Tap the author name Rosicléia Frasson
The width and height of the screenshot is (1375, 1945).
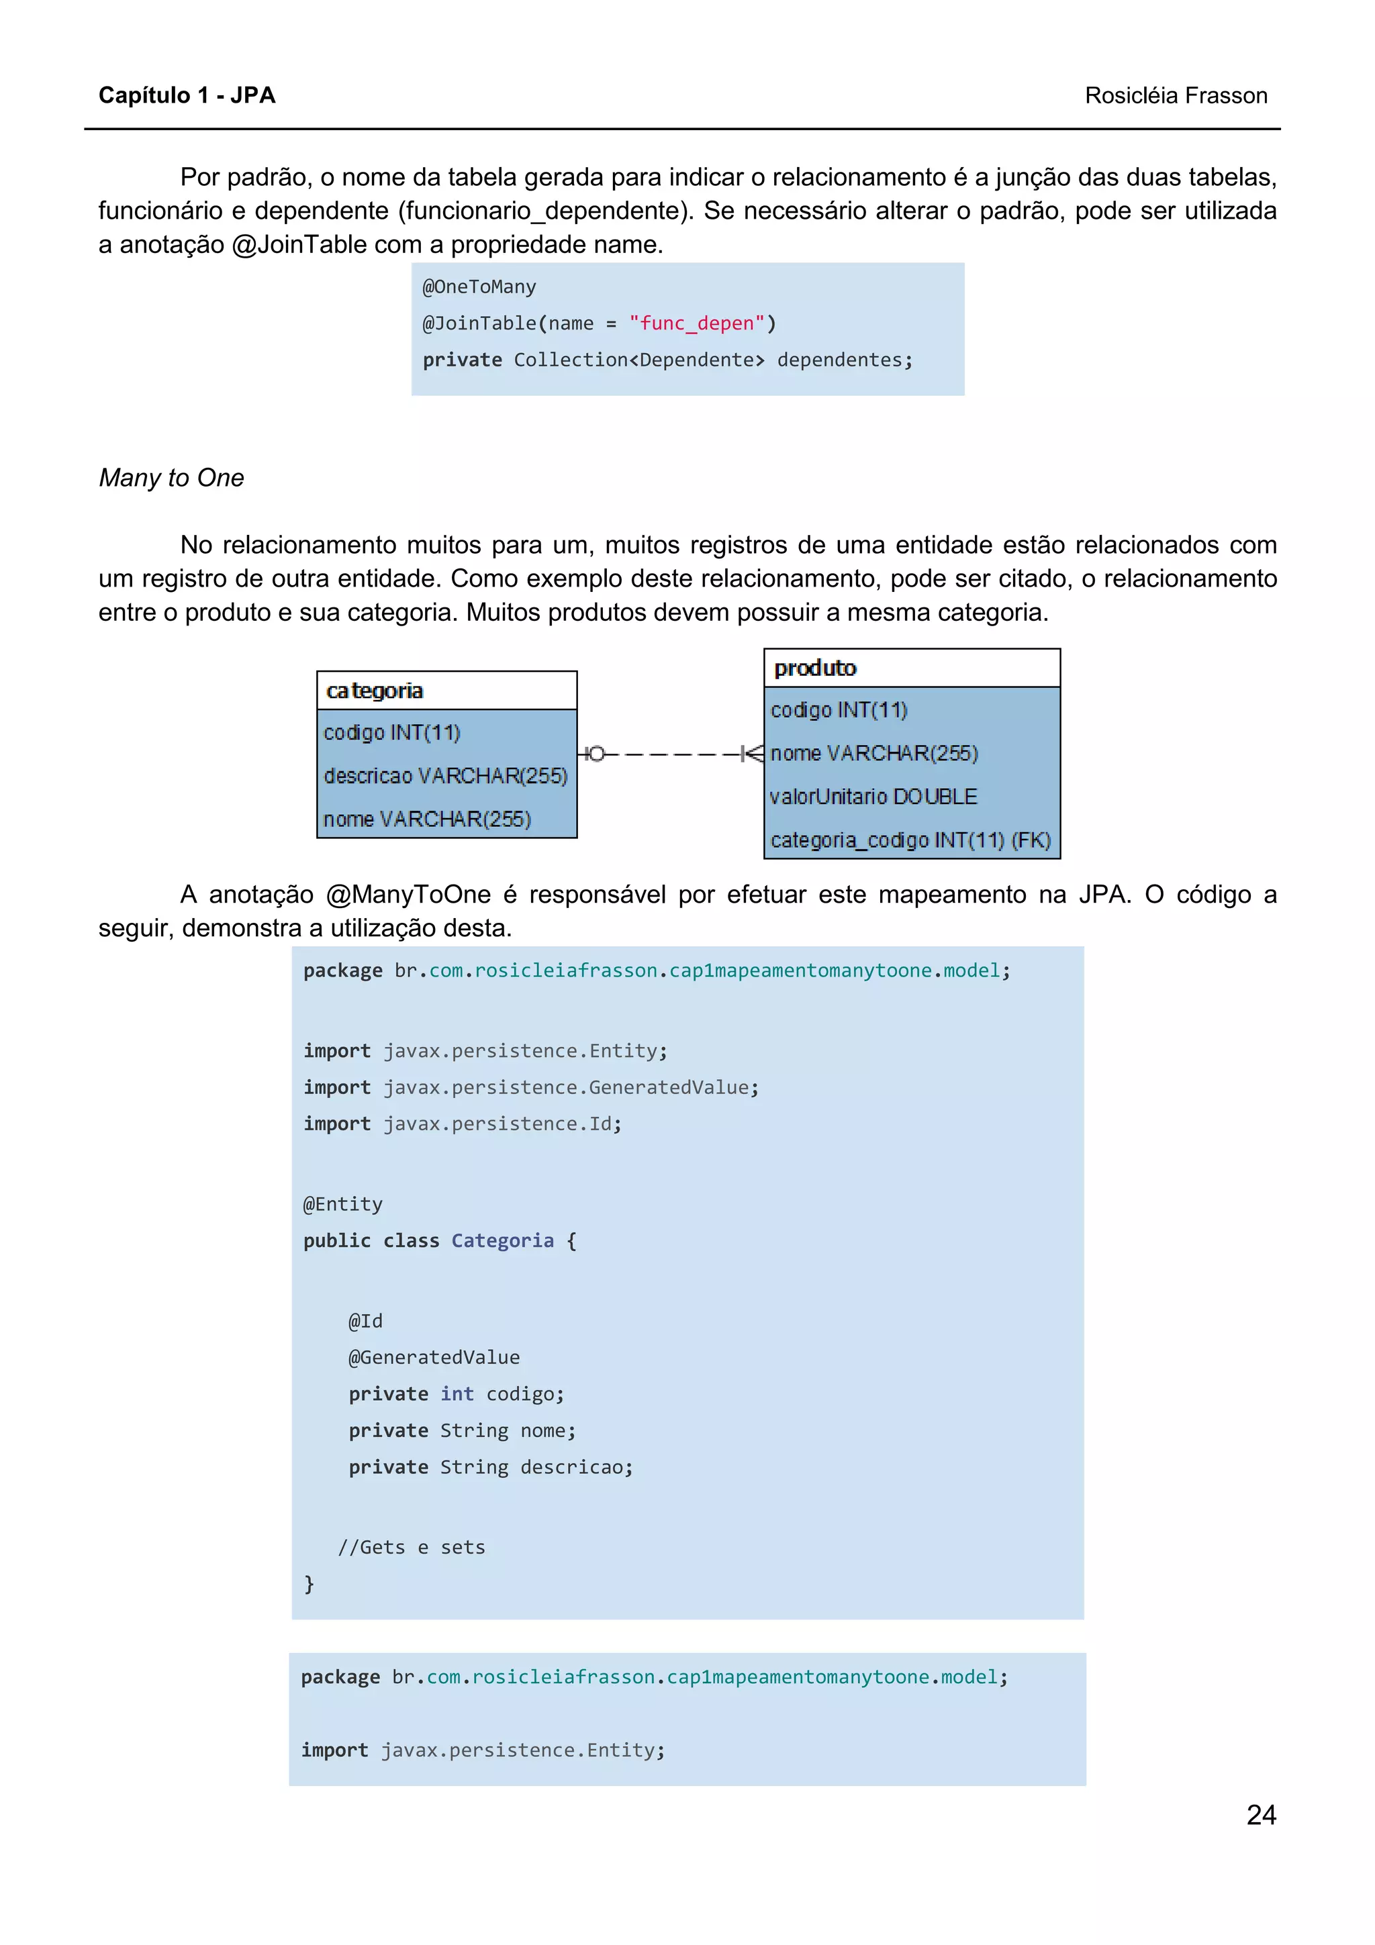[x=1175, y=96]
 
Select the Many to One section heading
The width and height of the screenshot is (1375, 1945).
[x=171, y=478]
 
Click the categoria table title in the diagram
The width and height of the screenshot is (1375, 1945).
[x=375, y=691]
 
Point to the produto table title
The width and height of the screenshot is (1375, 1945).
[x=815, y=668]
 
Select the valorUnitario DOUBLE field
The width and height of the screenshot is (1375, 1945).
[x=873, y=796]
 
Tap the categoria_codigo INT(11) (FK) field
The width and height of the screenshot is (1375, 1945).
[x=910, y=840]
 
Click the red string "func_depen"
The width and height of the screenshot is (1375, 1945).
[x=696, y=323]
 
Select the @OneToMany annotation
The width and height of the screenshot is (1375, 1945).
[x=479, y=287]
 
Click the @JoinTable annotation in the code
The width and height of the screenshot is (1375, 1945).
[x=479, y=323]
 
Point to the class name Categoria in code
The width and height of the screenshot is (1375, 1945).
[x=502, y=1240]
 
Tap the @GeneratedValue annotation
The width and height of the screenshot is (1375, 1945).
[x=434, y=1357]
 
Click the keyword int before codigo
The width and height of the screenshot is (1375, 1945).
[x=457, y=1393]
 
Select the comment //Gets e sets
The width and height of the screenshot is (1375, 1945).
[x=412, y=1547]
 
